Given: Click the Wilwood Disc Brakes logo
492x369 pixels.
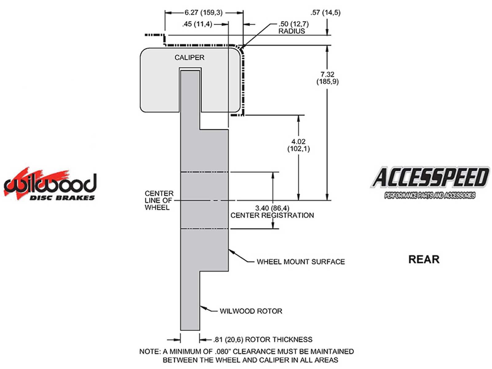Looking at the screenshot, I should coord(50,184).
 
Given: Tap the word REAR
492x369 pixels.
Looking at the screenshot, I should coord(424,259).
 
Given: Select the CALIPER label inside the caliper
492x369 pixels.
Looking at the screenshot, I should coord(189,58).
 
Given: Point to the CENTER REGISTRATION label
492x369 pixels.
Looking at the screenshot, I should coord(272,215).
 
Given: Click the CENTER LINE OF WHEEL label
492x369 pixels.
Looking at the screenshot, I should coord(159,200).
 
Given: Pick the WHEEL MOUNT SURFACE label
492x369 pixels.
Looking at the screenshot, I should coord(301,262).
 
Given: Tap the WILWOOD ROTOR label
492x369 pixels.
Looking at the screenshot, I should coord(251,311).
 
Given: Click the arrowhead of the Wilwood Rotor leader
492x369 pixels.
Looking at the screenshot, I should coord(202,307).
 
